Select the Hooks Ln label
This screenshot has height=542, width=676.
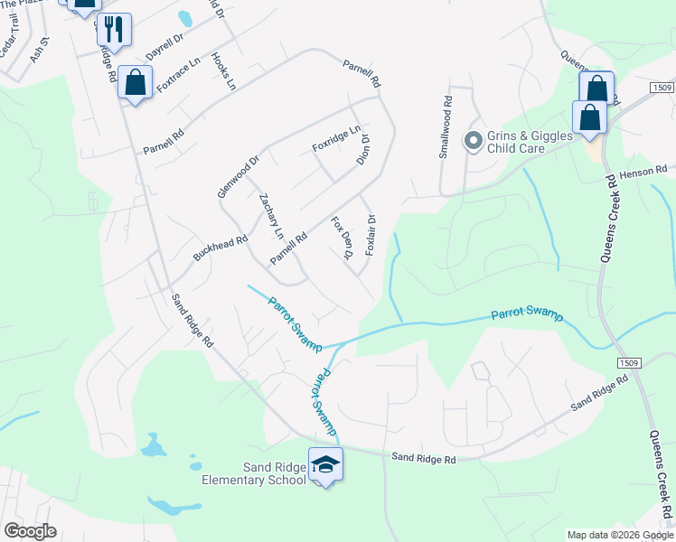coord(222,71)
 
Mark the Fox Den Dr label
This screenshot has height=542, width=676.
coord(342,238)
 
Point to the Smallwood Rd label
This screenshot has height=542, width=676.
coord(445,127)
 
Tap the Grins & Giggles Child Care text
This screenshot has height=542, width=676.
coord(530,143)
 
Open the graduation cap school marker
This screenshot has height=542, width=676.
coord(325,464)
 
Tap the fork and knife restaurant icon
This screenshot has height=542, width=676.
coord(114,29)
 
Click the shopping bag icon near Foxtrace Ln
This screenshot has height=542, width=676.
coord(136,83)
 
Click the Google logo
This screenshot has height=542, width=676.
coord(30,531)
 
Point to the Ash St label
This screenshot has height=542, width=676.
coord(38,53)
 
